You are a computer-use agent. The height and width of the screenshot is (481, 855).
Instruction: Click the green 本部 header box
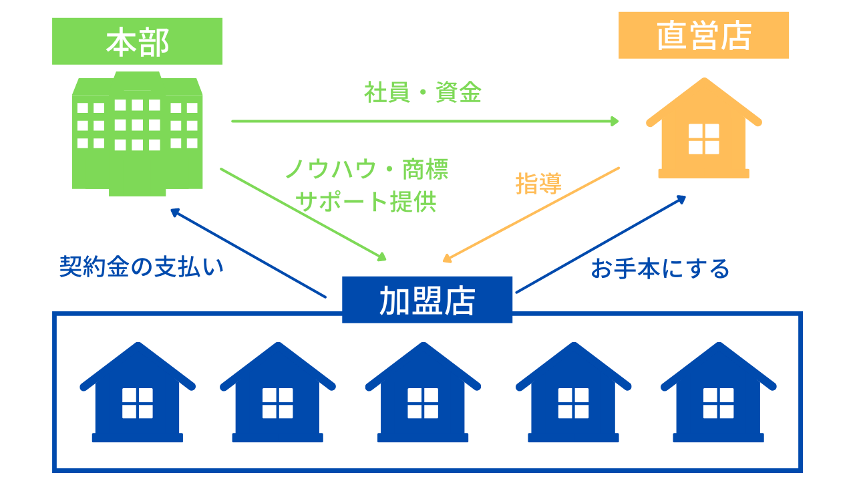137,41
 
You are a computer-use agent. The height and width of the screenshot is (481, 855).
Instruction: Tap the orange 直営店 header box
703,35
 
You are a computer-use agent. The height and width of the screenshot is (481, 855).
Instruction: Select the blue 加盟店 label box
427,300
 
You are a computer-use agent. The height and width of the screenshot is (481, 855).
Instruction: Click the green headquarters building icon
137,134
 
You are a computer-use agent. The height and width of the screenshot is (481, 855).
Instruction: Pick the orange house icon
704,128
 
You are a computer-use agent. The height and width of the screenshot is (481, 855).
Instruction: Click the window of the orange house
704,139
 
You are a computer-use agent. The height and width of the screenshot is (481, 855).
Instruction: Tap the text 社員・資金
423,92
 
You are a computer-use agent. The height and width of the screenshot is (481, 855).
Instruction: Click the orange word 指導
538,184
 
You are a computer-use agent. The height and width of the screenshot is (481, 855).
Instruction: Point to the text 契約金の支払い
142,267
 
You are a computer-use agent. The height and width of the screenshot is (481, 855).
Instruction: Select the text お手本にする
661,269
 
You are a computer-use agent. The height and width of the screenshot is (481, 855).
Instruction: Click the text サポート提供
365,202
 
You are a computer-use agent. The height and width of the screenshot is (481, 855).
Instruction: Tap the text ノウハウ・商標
367,169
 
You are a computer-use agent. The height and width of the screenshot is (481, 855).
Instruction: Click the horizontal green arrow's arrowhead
615,122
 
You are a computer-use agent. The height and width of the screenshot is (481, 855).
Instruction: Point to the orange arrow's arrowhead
448,259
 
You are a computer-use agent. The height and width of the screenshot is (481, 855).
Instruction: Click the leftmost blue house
138,392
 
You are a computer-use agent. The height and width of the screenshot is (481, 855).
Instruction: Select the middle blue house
423,392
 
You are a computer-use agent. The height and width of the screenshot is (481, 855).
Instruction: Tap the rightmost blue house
718,392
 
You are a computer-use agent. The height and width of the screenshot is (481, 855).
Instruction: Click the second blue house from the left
277,392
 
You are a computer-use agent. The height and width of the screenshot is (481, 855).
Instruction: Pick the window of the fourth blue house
573,403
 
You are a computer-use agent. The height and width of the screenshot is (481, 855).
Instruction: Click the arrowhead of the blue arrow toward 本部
175,212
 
